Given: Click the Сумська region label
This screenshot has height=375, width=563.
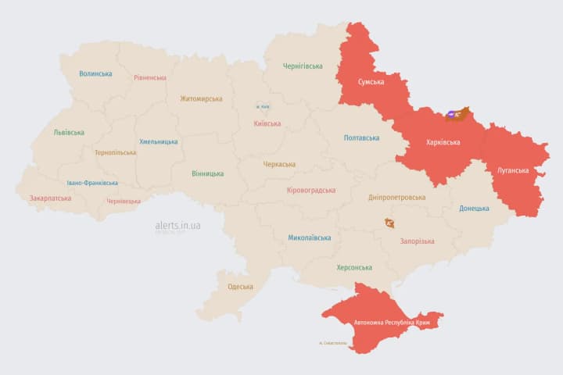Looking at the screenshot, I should click(371, 82).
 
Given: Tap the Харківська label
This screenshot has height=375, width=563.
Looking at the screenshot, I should click(443, 142).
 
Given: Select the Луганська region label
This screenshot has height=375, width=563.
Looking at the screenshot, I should click(512, 170).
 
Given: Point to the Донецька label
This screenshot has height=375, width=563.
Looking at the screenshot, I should click(474, 208).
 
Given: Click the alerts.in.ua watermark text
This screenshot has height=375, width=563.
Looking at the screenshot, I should click(178, 225).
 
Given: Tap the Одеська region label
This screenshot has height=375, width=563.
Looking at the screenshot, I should click(240, 287).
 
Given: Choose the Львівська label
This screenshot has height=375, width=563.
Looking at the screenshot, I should click(69, 132).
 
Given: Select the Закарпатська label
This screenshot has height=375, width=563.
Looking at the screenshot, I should click(50, 198).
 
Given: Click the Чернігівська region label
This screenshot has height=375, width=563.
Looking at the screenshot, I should click(303, 66).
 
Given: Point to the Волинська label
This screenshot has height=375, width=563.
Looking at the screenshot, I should click(95, 74).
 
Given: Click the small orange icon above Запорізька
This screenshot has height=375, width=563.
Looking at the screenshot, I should click(389, 223).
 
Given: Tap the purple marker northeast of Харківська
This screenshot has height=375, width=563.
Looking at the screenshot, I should click(453, 115).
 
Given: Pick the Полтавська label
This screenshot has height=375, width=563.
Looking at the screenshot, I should click(361, 137).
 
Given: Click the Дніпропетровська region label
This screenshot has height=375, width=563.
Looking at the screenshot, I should click(397, 198).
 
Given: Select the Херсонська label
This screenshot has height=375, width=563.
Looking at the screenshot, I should click(353, 267).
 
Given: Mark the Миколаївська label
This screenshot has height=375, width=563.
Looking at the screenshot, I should click(309, 237).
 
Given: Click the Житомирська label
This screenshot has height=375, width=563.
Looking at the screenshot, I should click(201, 98).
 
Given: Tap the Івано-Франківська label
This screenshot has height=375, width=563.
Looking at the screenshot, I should click(92, 183).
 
